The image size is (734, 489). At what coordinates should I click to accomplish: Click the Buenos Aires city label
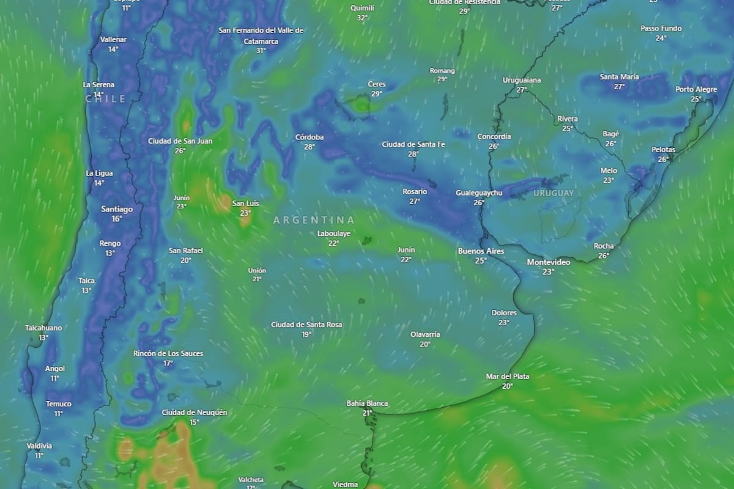pos(481,251)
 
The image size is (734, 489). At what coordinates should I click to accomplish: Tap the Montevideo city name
pos(549,262)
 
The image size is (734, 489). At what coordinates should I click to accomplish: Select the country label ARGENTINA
pos(314,220)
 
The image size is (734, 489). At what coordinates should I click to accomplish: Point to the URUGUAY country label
pos(554,193)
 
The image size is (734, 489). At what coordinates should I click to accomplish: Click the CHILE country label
pos(105,99)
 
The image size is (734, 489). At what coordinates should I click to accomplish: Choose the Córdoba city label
pos(310,138)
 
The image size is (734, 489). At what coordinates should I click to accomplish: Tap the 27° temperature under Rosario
pos(415,201)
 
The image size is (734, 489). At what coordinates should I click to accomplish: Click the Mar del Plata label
pos(508,377)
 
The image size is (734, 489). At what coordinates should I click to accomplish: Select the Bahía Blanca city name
pos(367,403)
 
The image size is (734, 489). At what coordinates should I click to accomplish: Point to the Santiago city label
pos(117,209)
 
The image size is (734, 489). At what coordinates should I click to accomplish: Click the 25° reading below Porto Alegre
pos(696,99)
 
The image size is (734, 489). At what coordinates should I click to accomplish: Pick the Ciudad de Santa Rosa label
pos(306,325)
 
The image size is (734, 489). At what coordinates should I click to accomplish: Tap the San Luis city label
pos(245,204)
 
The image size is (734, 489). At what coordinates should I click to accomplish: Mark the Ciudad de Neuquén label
pos(194,413)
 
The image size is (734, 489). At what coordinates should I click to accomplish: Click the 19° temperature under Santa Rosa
pos(306,334)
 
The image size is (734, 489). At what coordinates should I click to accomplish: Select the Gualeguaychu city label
pos(479,193)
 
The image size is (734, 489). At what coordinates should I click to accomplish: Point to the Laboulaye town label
pos(334,233)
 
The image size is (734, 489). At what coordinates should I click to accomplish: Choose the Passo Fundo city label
pos(661,29)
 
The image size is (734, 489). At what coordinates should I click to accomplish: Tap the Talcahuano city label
pos(43,328)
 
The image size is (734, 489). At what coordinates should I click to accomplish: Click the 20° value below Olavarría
pos(425,344)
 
